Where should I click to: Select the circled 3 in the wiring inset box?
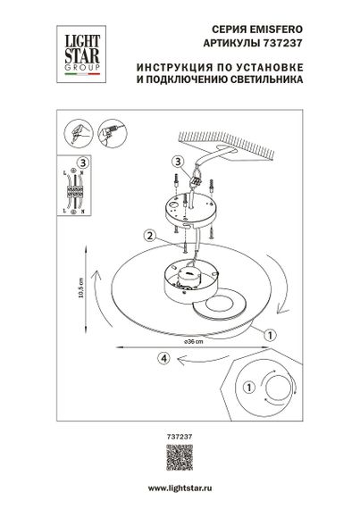81,163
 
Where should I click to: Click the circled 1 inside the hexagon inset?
248,388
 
